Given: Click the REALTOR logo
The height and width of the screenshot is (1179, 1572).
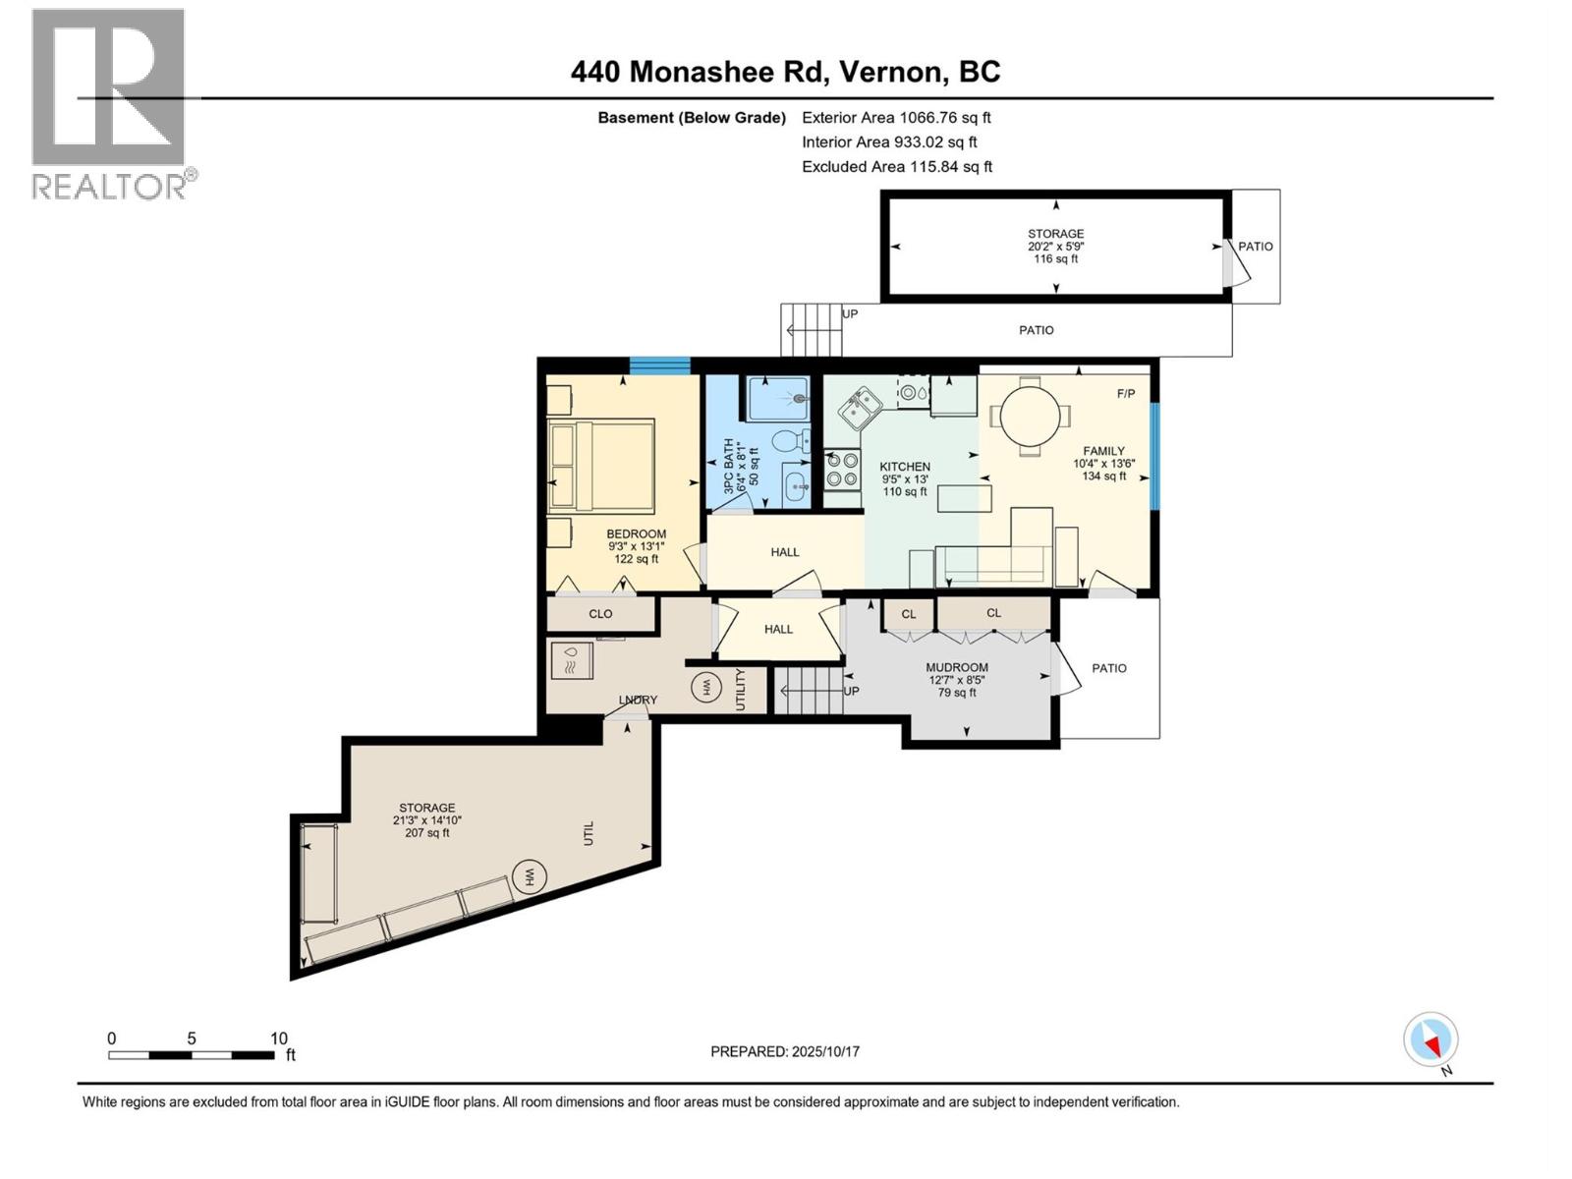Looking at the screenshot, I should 109,103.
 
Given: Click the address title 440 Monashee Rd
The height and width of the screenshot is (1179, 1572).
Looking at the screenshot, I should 785,72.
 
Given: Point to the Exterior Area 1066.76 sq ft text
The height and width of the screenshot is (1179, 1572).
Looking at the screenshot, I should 896,118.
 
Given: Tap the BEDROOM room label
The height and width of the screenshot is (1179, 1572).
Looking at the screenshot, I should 636,534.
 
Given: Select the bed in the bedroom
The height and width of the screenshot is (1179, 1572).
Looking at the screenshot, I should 600,466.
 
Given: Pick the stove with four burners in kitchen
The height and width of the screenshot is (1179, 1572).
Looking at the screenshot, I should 842,469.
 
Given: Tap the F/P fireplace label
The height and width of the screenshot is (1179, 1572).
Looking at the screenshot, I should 1126,394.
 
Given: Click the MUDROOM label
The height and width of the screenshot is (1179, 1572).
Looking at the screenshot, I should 956,668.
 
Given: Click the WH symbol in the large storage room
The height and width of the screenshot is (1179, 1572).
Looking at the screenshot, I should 530,875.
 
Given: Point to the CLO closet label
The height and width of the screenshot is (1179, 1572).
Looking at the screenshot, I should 600,614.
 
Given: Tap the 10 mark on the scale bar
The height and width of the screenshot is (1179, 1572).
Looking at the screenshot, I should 279,1039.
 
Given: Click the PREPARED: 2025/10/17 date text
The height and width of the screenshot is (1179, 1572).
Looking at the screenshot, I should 785,1051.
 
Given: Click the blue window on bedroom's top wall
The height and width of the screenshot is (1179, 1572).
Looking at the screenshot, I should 659,366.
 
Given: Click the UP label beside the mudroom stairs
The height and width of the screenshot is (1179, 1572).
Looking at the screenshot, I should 852,692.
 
